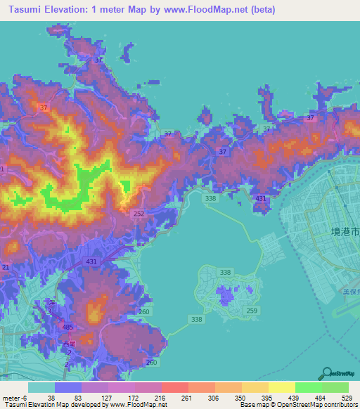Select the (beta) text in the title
coord(260,10)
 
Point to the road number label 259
coord(252,310)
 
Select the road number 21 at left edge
coord(6,267)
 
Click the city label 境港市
coord(345,231)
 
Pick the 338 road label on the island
coord(225,271)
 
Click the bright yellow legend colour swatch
coord(281,387)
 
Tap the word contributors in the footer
coord(337,404)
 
